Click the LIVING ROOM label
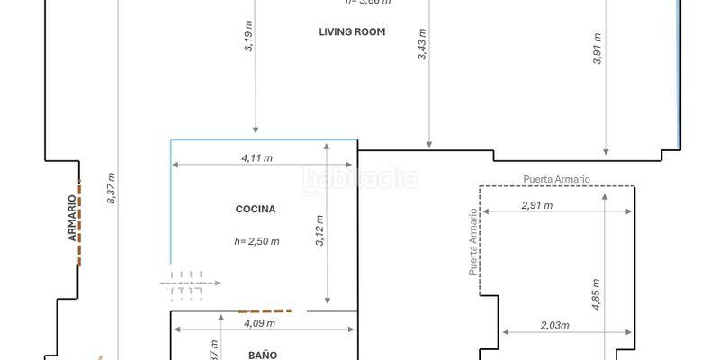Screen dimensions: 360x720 coord(352,32)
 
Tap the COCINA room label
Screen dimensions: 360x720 coord(256,210)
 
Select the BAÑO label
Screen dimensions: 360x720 coord(262,355)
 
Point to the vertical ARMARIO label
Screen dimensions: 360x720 coord(71,219)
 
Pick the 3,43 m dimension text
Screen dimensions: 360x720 coord(422,44)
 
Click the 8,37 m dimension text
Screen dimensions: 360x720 coord(111,188)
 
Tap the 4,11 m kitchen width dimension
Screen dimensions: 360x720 coord(257,157)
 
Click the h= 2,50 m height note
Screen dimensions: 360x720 coord(256,241)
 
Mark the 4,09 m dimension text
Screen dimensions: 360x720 coord(259,323)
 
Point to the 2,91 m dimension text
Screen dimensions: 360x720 coord(537,205)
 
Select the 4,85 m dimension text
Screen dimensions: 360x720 coord(596,292)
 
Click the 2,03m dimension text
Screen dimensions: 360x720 coord(555,325)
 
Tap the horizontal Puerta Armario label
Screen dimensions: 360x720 coord(556,179)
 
